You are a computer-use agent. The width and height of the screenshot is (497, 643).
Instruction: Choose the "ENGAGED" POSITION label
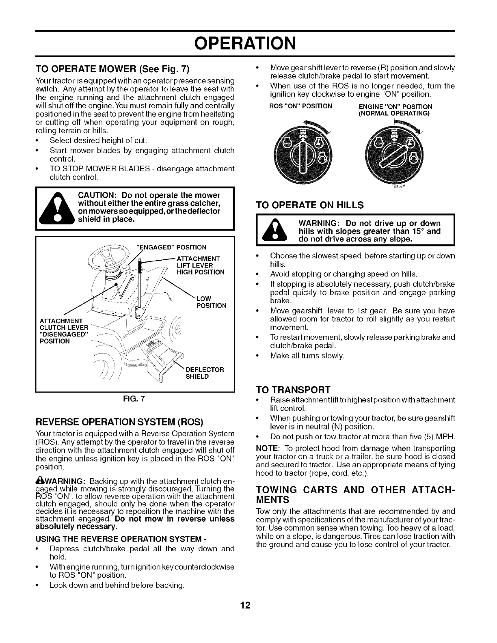tap(172, 247)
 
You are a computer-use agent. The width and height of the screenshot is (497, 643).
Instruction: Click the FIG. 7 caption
tap(136, 398)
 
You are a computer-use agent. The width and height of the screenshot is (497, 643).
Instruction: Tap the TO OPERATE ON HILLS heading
tap(310, 205)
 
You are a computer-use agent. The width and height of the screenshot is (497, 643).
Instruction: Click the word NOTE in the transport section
tap(266, 449)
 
